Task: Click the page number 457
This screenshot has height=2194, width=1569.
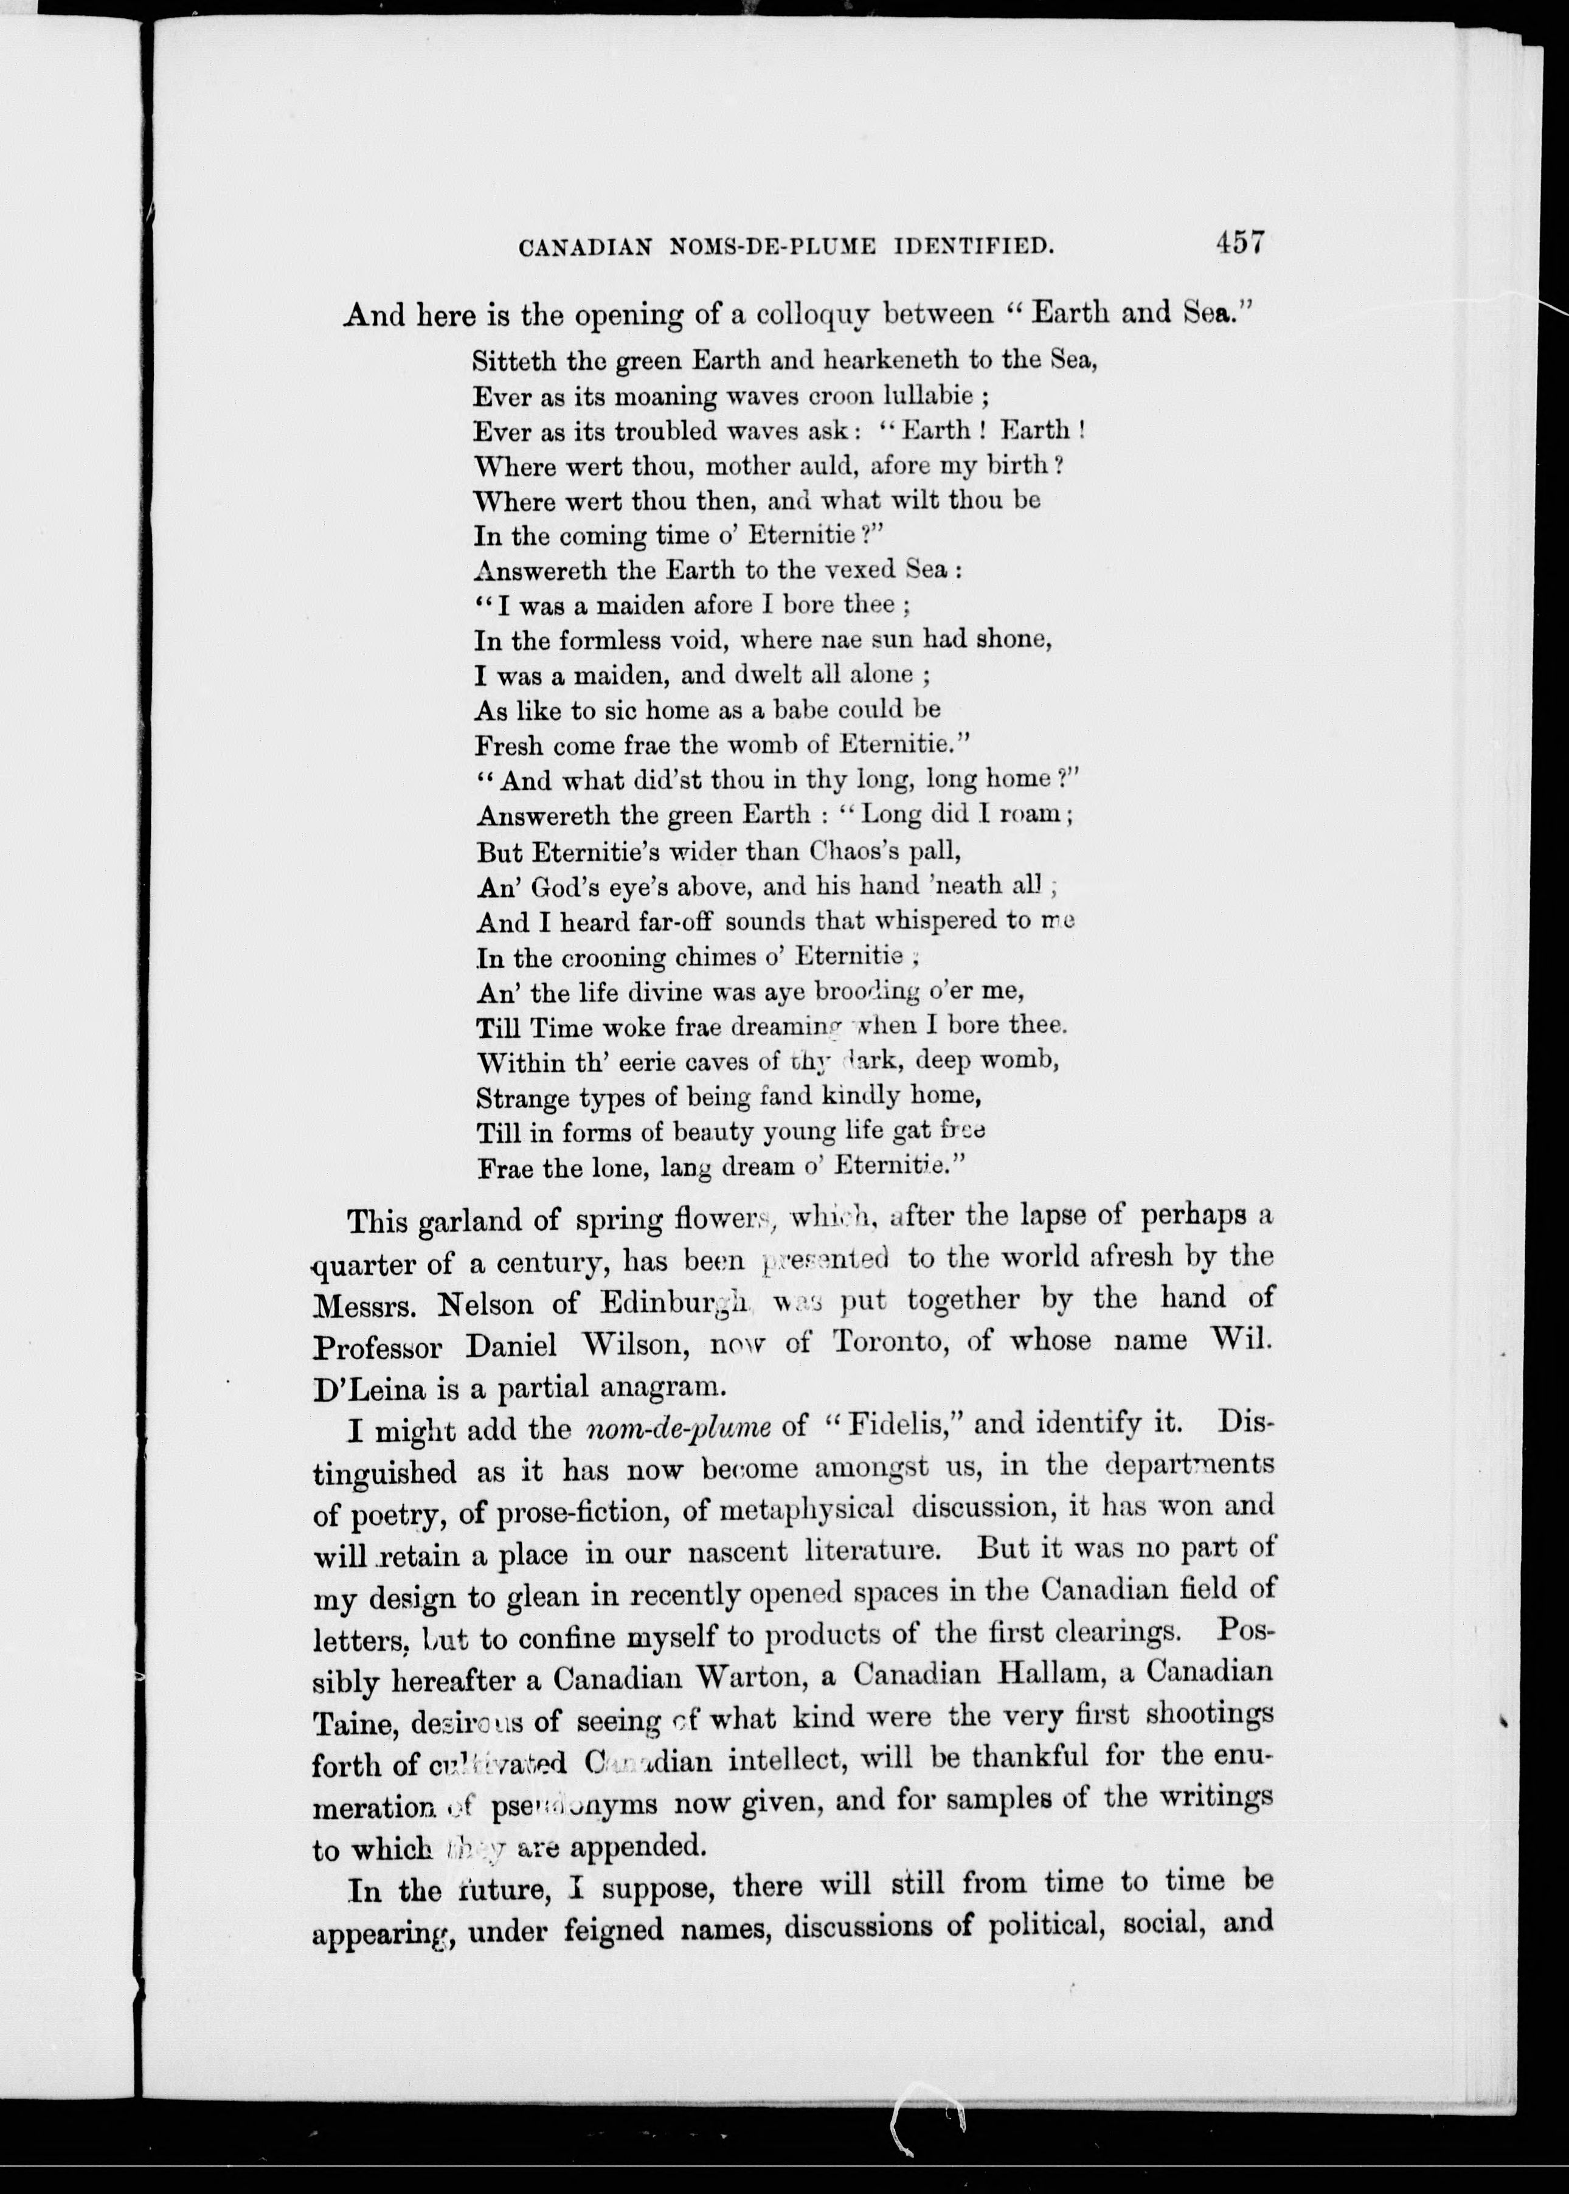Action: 1241,241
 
